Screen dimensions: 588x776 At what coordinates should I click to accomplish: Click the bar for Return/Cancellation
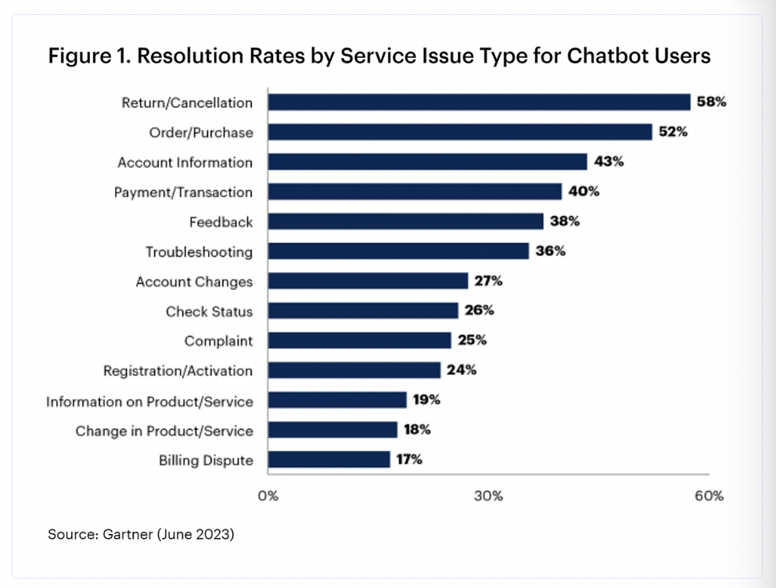coord(479,102)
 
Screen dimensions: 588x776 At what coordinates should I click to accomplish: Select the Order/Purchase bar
coord(460,132)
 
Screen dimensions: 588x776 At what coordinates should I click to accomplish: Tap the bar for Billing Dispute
coord(329,460)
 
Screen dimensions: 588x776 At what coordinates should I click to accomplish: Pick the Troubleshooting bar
coord(398,252)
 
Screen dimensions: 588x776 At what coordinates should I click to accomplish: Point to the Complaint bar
coord(359,341)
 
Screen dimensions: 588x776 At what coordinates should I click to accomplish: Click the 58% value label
coord(712,102)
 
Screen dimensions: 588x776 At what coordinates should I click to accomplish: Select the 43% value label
coord(609,162)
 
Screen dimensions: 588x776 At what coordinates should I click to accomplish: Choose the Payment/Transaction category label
coord(183,192)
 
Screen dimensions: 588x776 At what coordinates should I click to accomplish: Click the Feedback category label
coord(221,222)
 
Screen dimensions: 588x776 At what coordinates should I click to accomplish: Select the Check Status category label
coord(209,311)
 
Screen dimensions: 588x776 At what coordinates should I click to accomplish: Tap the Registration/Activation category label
coord(178,371)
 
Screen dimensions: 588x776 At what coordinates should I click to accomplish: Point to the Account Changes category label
coord(194,281)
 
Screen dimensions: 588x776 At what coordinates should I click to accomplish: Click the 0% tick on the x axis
coord(268,496)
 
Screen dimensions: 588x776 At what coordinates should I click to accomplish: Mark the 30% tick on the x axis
coord(488,496)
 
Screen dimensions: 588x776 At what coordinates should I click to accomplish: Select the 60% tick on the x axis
coord(709,496)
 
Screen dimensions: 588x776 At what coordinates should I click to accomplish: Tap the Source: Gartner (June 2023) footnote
coord(141,535)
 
